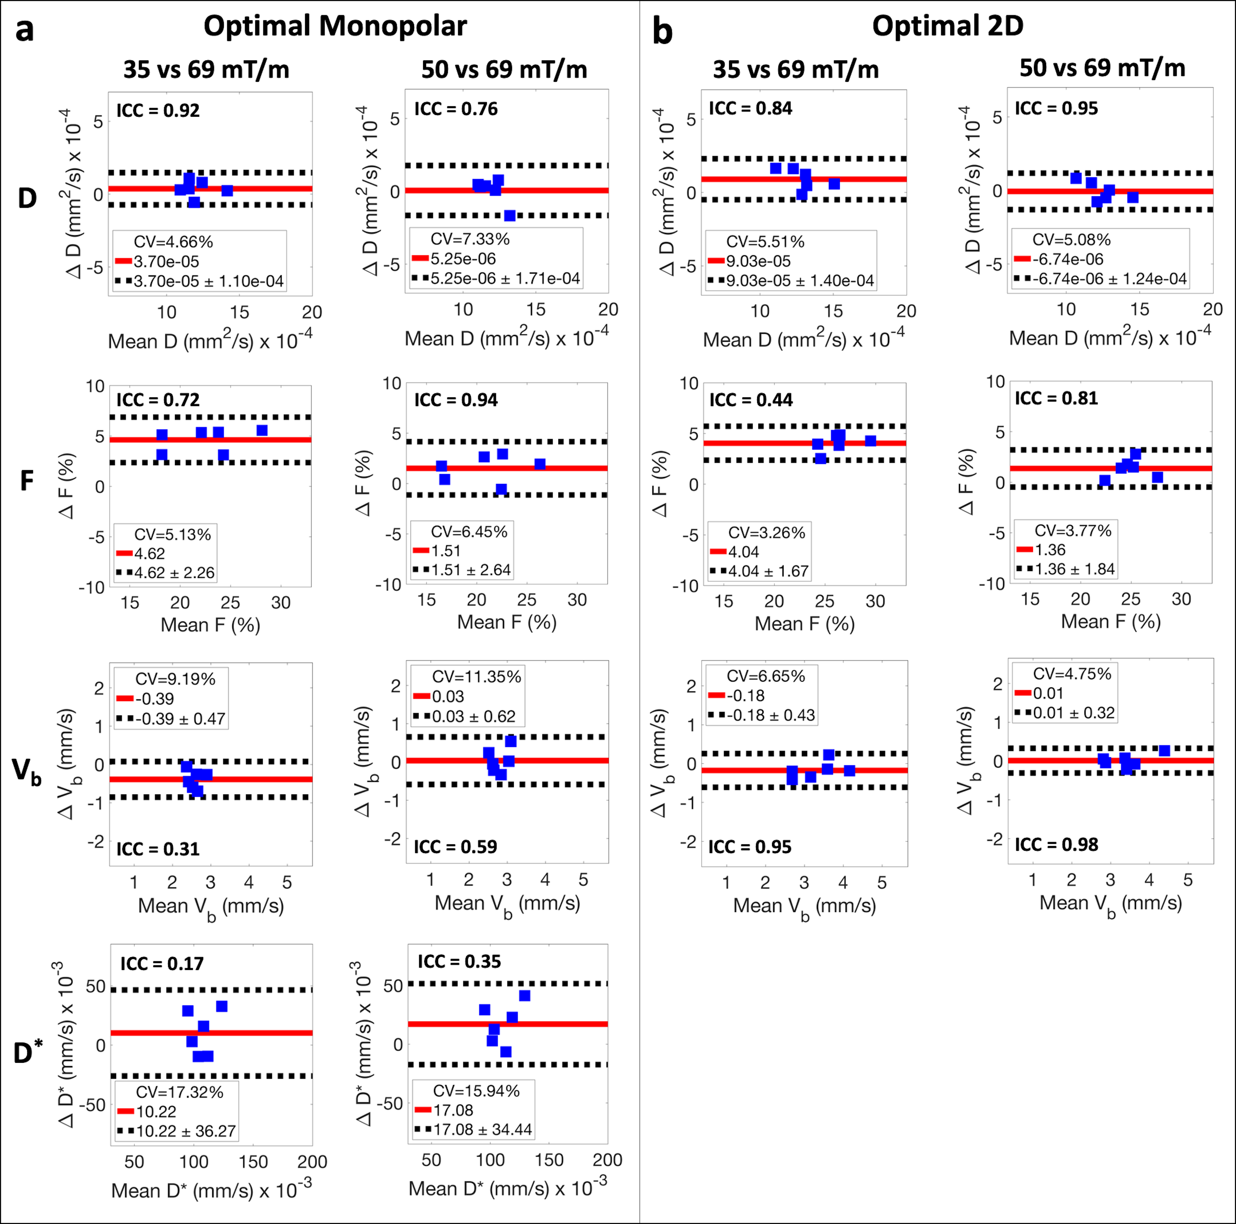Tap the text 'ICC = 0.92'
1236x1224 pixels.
158,111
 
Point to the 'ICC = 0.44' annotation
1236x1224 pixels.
751,401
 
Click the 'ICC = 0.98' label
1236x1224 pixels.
1056,845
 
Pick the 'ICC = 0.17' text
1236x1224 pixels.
162,964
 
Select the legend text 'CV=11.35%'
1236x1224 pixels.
476,677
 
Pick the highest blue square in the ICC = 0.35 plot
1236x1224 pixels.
525,996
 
